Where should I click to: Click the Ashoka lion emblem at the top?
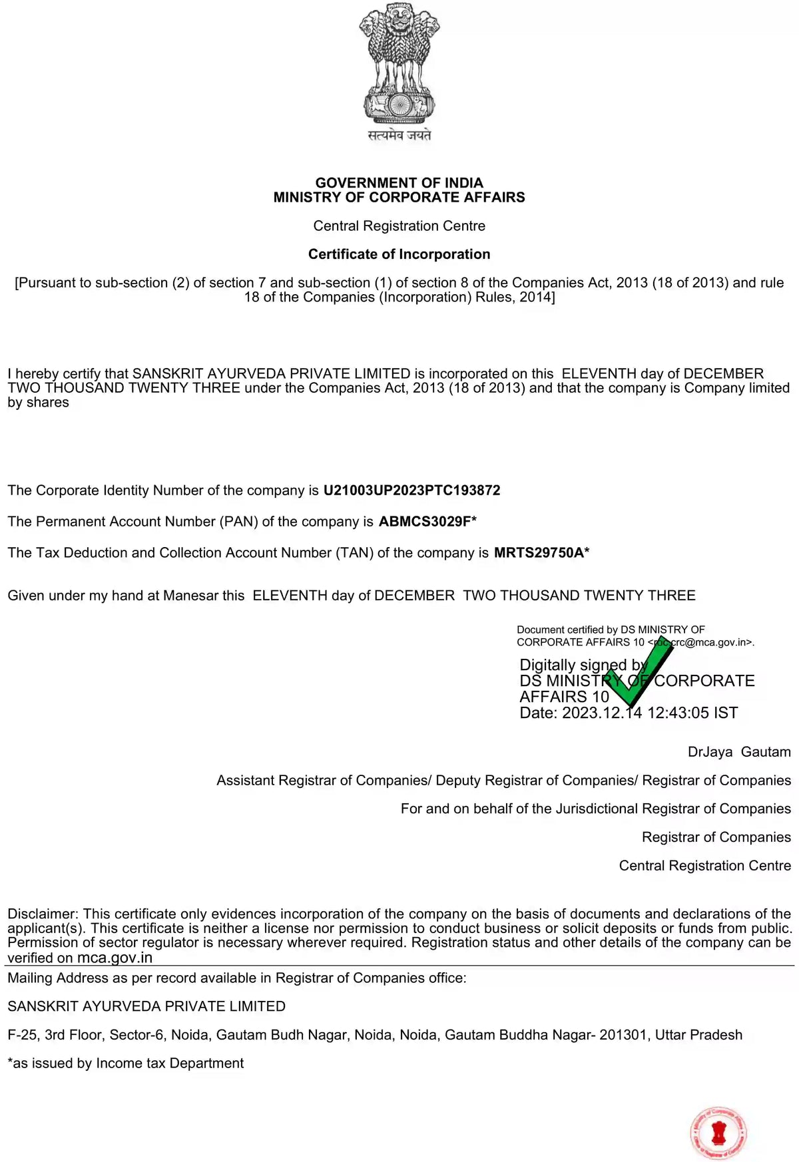click(x=400, y=63)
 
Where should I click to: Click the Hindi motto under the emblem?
click(x=400, y=135)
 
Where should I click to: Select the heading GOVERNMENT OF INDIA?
click(x=400, y=182)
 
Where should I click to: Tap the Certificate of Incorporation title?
click(x=400, y=254)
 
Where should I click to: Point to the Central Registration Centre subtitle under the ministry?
click(x=400, y=226)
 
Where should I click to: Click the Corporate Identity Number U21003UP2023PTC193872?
click(x=411, y=490)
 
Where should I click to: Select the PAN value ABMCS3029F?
click(x=425, y=522)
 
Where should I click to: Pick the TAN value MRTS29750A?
click(x=539, y=553)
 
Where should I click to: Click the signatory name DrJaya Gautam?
click(x=739, y=752)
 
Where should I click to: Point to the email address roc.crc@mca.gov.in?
click(x=702, y=643)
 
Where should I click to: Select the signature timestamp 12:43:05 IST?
click(x=692, y=713)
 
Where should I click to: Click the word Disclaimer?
click(x=43, y=914)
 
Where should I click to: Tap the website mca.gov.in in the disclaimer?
click(x=115, y=958)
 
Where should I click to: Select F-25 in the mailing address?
click(x=22, y=1035)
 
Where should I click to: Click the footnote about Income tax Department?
click(x=126, y=1064)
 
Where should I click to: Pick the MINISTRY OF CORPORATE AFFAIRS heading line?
click(x=400, y=197)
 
